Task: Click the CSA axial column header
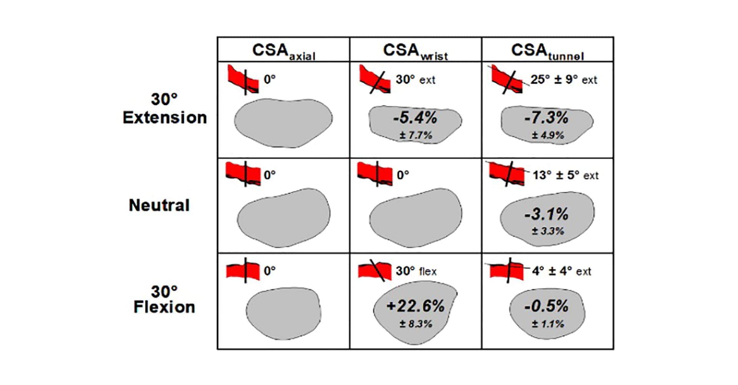pyautogui.click(x=283, y=51)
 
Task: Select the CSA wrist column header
pyautogui.click(x=416, y=51)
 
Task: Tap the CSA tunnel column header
pyautogui.click(x=547, y=51)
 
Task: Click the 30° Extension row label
pyautogui.click(x=165, y=109)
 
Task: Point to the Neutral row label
pyautogui.click(x=159, y=205)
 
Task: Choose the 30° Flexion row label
pyautogui.click(x=164, y=300)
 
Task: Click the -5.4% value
pyautogui.click(x=415, y=118)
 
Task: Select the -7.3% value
pyautogui.click(x=547, y=118)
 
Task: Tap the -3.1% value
pyautogui.click(x=547, y=214)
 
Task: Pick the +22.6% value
pyautogui.click(x=416, y=306)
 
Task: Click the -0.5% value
pyautogui.click(x=547, y=306)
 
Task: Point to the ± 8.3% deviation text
pyautogui.click(x=416, y=324)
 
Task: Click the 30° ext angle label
pyautogui.click(x=416, y=80)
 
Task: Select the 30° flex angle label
pyautogui.click(x=416, y=271)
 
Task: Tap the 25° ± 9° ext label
pyautogui.click(x=564, y=80)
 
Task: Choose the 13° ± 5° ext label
pyautogui.click(x=565, y=176)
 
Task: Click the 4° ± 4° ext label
pyautogui.click(x=562, y=271)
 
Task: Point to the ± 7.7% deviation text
pyautogui.click(x=416, y=136)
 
